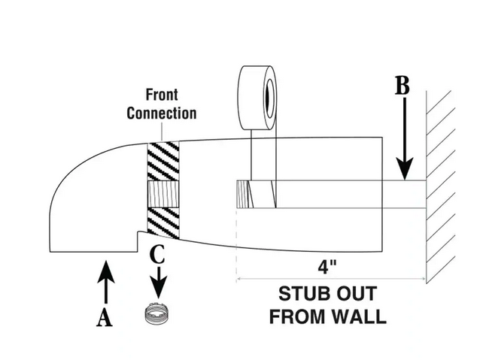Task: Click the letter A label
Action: click(x=105, y=318)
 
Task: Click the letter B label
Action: click(x=403, y=86)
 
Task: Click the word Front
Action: click(x=162, y=96)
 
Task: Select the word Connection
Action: click(x=162, y=113)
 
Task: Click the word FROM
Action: click(x=296, y=316)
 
